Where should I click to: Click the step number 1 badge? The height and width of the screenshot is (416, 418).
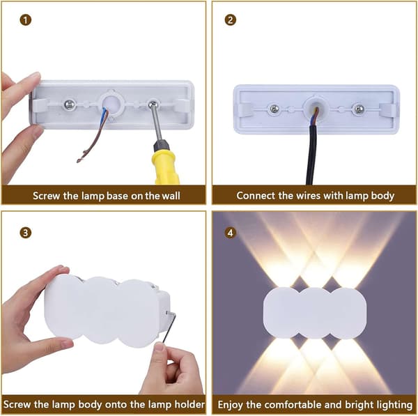pos(26,20)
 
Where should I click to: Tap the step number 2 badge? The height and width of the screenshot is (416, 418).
pos(231,20)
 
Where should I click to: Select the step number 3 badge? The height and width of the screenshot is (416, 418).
pos(26,233)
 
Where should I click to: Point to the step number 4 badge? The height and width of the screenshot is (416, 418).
pos(231,233)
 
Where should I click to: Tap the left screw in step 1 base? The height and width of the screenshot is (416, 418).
pos(70,105)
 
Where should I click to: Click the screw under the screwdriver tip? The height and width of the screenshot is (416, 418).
pos(153,104)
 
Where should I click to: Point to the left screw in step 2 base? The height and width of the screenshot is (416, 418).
pos(274,109)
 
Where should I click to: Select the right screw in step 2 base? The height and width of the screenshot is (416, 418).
pos(359,109)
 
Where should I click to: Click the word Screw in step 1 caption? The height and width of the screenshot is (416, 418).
pos(47,196)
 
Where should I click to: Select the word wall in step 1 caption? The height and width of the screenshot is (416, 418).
pos(171,196)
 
